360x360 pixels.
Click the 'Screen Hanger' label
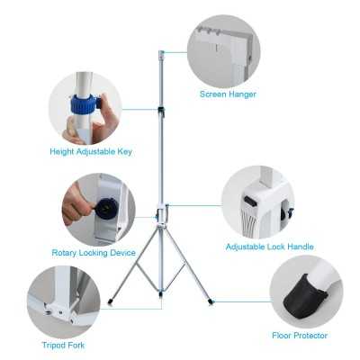point(228,94)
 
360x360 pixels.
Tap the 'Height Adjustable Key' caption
point(90,151)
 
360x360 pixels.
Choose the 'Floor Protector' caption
point(300,335)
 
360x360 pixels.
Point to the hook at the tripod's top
point(162,55)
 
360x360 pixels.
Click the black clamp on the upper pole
point(161,112)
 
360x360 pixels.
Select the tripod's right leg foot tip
point(211,300)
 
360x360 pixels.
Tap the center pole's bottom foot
point(160,293)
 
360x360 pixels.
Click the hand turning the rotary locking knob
point(77,206)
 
